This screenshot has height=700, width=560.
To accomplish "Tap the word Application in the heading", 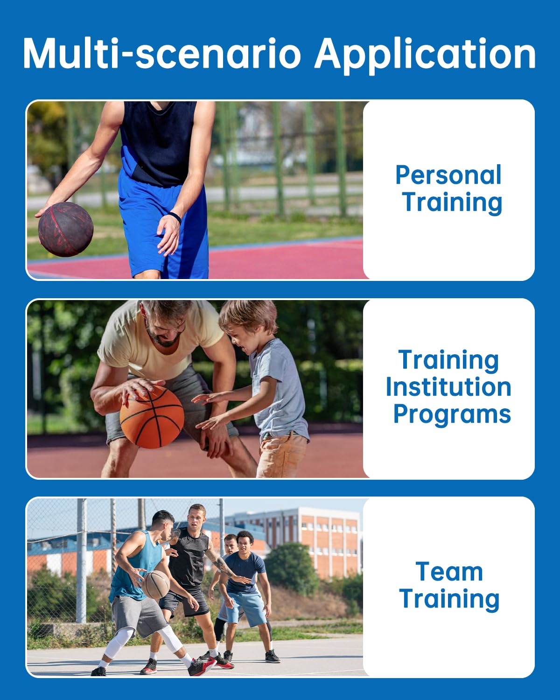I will click(x=425, y=54).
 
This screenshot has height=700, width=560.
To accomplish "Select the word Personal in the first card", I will click(x=448, y=175).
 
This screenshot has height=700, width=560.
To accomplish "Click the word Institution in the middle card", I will click(x=448, y=387).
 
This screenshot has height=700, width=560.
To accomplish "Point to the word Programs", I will click(x=452, y=414).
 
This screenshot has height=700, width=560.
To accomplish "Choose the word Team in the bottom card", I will click(x=449, y=572).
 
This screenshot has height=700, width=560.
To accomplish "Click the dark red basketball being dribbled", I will click(x=66, y=229).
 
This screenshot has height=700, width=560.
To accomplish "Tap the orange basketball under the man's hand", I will click(x=152, y=417).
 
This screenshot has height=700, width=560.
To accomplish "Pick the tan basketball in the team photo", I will click(x=156, y=585).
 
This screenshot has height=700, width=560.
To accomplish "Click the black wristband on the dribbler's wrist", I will click(x=175, y=217).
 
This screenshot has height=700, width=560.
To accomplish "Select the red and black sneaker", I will click(x=202, y=666).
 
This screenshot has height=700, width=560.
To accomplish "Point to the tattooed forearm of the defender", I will click(x=223, y=566).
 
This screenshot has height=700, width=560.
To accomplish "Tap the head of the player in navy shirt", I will click(x=245, y=541).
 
